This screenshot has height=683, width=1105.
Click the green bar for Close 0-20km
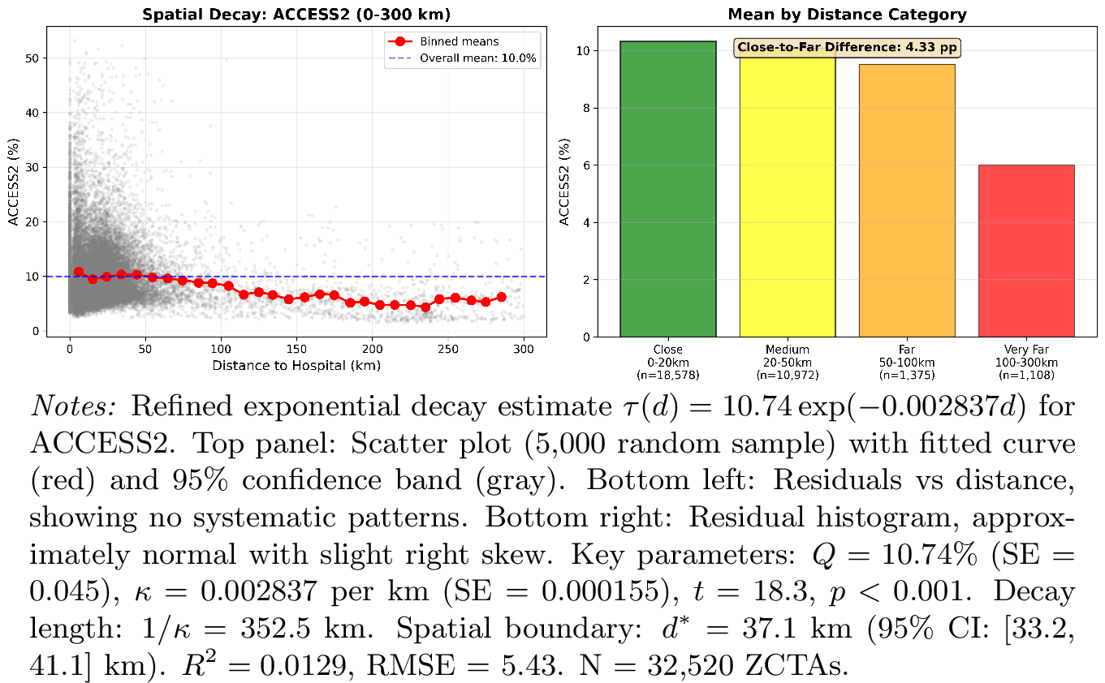pos(667,189)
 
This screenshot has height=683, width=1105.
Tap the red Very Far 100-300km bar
pos(1026,251)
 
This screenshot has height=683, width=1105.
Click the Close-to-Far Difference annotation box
pos(847,48)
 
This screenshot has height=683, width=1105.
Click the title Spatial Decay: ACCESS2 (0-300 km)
pos(296,15)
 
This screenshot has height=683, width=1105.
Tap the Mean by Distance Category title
pos(847,15)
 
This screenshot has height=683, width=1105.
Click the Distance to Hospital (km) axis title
pos(296,366)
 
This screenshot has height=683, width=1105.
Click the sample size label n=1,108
pos(1026,375)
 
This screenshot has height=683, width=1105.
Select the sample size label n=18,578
pos(667,375)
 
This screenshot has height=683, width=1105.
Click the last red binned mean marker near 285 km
pos(501,297)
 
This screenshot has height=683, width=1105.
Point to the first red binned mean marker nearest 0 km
pos(79,273)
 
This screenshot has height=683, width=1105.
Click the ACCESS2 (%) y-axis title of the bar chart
pos(563,182)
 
